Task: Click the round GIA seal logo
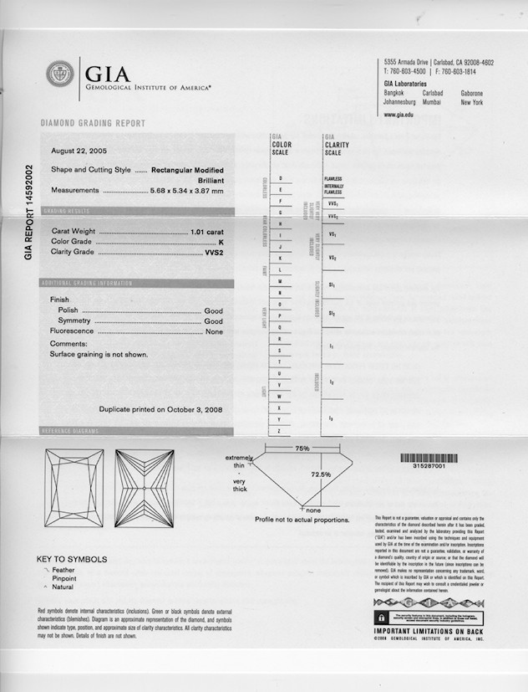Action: [60, 74]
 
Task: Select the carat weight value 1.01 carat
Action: [207, 230]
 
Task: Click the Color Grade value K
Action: [220, 241]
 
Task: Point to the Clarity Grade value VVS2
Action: [214, 252]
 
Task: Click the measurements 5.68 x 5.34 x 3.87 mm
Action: [186, 191]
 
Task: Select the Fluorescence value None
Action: [214, 331]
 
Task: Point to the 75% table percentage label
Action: [302, 449]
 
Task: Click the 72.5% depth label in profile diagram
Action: [321, 474]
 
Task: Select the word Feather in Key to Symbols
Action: [63, 570]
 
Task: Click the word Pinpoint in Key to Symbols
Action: [64, 578]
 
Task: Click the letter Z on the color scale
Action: [279, 430]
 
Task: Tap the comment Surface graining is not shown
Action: [99, 354]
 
